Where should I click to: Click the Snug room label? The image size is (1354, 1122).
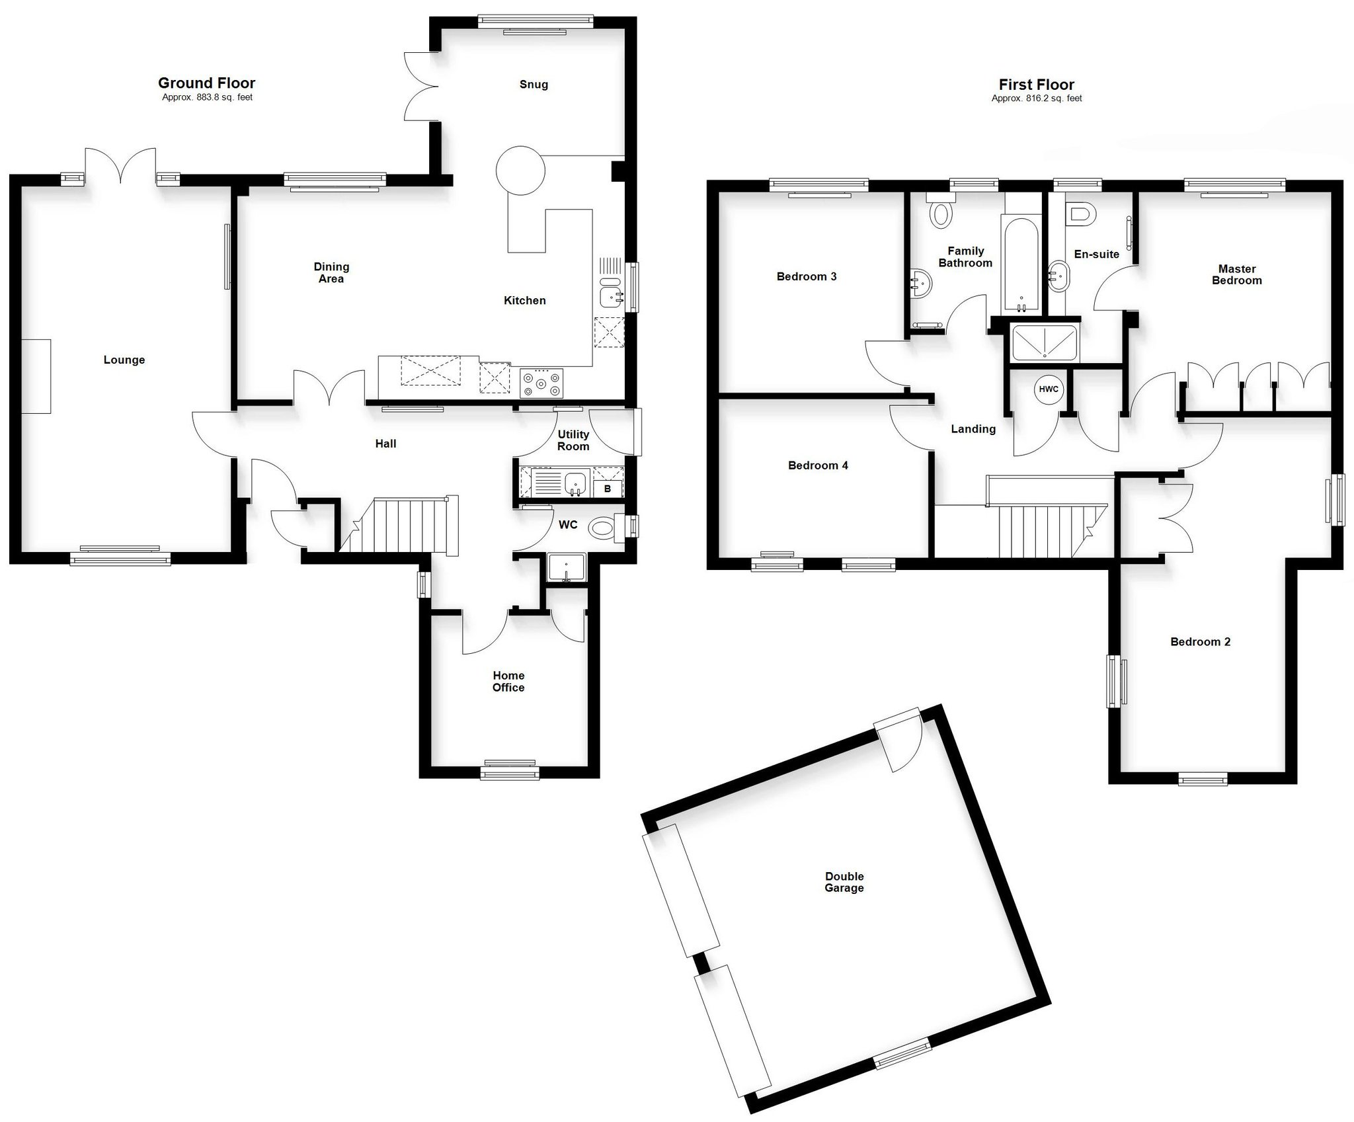coord(534,85)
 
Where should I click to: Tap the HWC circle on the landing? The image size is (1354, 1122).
coord(1049,389)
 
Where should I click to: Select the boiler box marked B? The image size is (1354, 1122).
coord(608,489)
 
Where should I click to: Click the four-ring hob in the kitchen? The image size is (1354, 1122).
coord(541,383)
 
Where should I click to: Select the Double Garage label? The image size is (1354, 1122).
coord(844,882)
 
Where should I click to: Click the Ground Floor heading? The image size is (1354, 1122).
coord(206,83)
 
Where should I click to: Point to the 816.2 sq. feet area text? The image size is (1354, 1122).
coord(1037,99)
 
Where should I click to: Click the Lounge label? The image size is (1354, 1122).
coord(124,360)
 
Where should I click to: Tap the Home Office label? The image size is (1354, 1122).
coord(508,682)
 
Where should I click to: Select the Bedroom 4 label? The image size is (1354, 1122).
coord(818,465)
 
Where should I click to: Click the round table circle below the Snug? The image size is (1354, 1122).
coord(520,171)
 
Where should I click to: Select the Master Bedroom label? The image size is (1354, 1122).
coord(1237,274)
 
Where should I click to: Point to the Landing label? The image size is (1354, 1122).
coord(973,430)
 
